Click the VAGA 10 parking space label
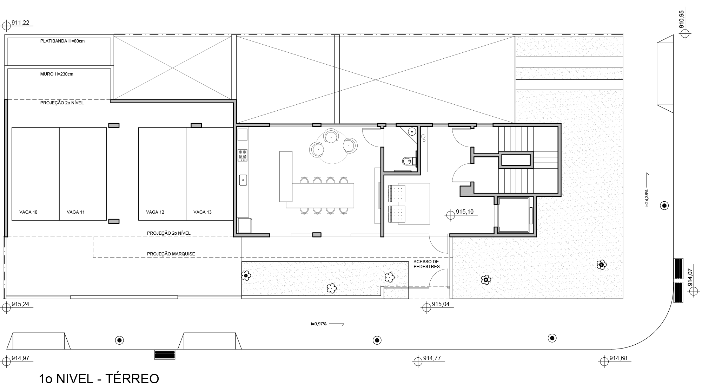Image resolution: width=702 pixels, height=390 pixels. (28, 212)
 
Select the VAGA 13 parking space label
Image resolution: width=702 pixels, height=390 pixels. (203, 212)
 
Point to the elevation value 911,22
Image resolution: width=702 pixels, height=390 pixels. (20, 23)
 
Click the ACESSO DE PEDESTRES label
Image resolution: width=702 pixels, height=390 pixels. (426, 264)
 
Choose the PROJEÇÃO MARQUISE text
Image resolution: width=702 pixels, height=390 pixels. (171, 254)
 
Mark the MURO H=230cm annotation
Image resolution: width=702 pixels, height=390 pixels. (57, 74)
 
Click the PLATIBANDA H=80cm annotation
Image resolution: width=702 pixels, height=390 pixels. (62, 41)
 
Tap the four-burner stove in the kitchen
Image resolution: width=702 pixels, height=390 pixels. (243, 155)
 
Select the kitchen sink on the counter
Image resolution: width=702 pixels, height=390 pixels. (243, 180)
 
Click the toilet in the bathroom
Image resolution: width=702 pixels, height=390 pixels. (408, 161)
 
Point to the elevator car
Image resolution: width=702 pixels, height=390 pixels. (513, 215)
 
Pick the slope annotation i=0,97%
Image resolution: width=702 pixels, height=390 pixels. (319, 324)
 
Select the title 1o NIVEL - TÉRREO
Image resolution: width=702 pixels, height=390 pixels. (99, 379)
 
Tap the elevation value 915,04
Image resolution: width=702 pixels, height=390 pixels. (441, 304)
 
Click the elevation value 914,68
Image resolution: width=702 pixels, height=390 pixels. (618, 358)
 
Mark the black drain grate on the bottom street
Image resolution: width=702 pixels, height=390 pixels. (165, 355)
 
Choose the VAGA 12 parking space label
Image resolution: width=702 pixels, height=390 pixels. (155, 212)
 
